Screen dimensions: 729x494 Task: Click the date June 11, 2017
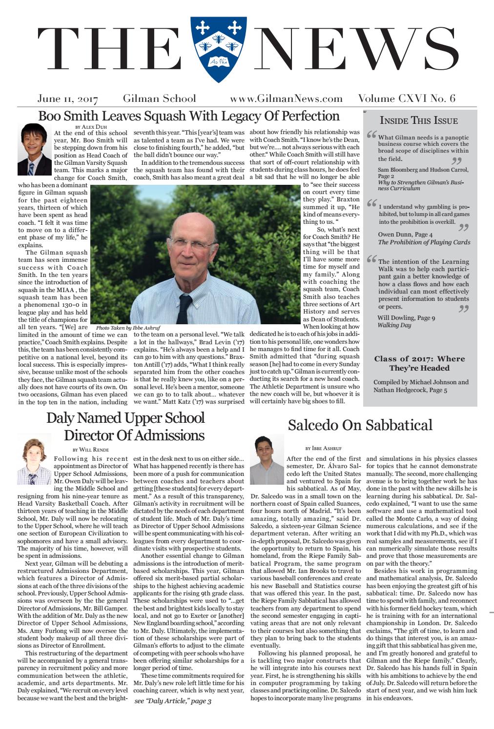click(x=68, y=99)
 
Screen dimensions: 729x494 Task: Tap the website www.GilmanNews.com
click(x=286, y=99)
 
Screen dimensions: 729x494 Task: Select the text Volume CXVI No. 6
click(x=407, y=99)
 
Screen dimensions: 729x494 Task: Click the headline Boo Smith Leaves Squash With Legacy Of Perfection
click(x=188, y=116)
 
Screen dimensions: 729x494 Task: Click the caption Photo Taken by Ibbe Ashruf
click(x=128, y=328)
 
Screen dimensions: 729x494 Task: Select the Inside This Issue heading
click(x=418, y=120)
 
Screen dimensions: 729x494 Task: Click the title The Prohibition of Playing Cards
click(x=424, y=242)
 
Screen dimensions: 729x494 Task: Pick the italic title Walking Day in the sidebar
click(x=394, y=325)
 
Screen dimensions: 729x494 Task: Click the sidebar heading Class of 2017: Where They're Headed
click(x=419, y=363)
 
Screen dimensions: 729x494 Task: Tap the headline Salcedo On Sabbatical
click(x=360, y=425)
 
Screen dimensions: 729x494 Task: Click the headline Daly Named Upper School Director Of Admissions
click(x=125, y=426)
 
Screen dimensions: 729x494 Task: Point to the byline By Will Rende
click(x=90, y=449)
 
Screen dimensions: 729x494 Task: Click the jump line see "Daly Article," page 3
click(x=173, y=701)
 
